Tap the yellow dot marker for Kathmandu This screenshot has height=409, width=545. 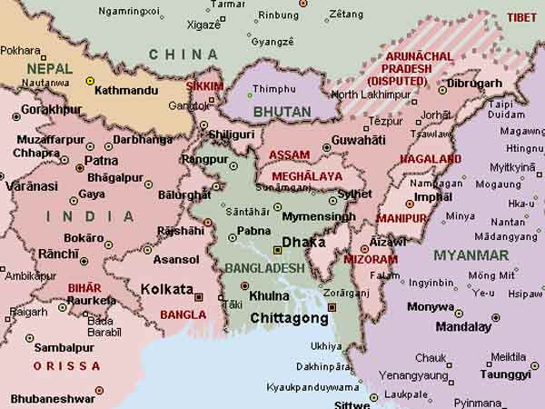[90, 81]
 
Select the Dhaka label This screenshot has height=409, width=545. [303, 243]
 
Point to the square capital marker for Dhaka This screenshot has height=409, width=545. [277, 249]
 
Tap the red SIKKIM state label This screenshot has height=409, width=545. [204, 86]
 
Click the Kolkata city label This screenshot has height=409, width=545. [167, 289]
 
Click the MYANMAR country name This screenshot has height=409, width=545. [471, 255]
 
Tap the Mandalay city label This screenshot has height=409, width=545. [463, 326]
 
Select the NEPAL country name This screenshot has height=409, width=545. [49, 68]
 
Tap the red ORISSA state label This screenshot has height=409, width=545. [66, 365]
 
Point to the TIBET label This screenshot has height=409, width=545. [521, 17]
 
